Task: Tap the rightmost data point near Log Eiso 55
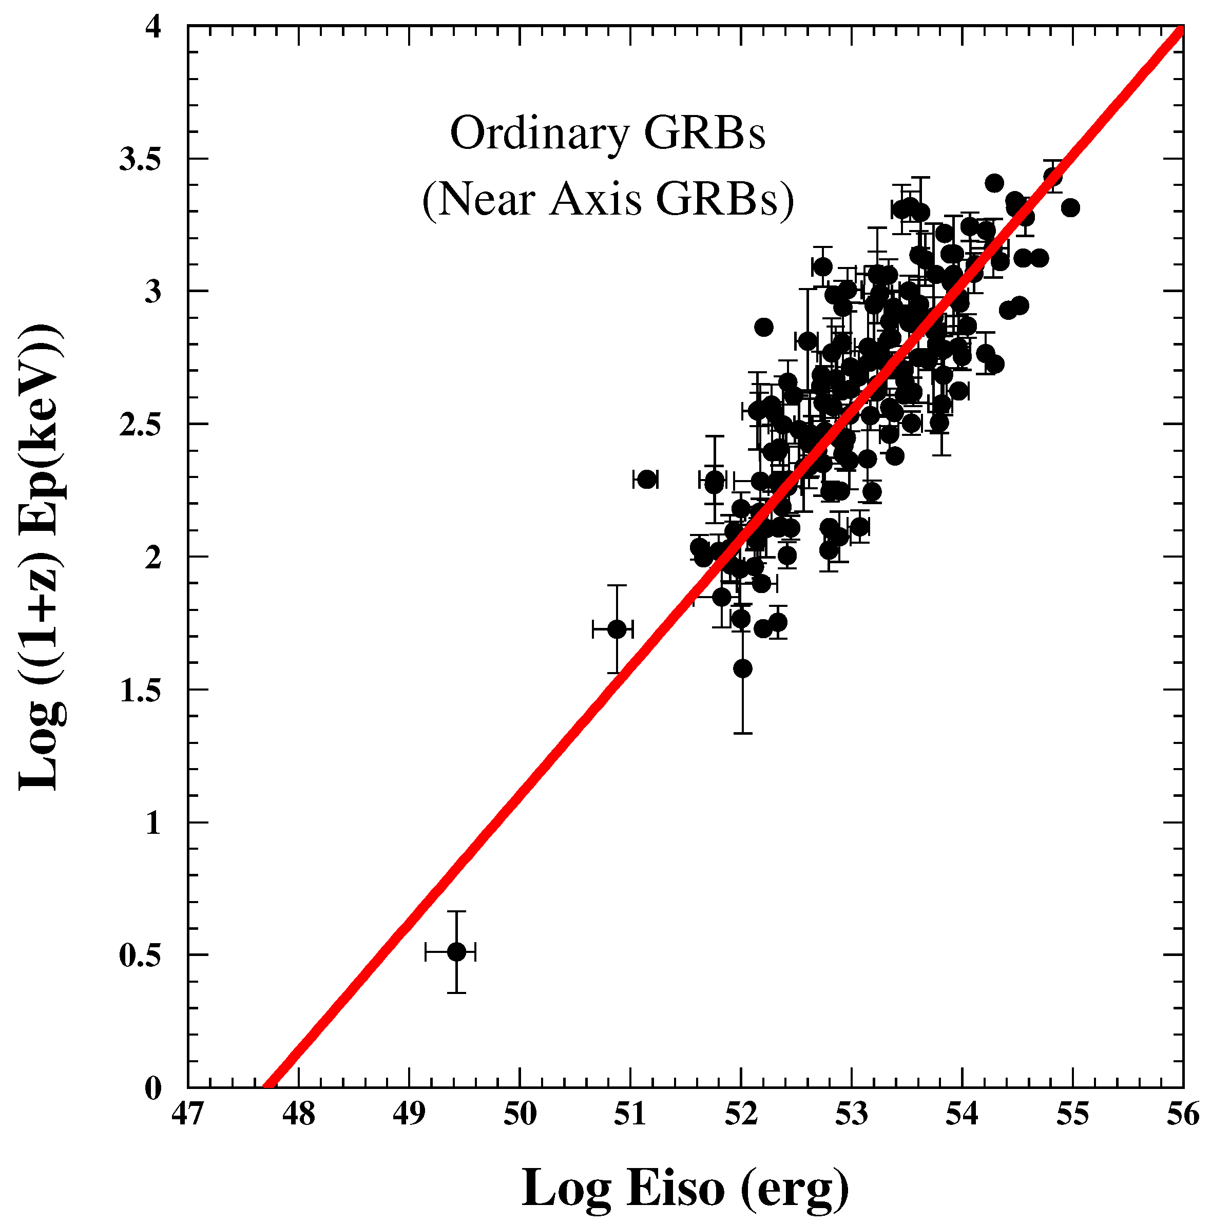1070,207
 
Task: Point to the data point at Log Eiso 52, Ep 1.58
743,668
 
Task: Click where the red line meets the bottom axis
268,1086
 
